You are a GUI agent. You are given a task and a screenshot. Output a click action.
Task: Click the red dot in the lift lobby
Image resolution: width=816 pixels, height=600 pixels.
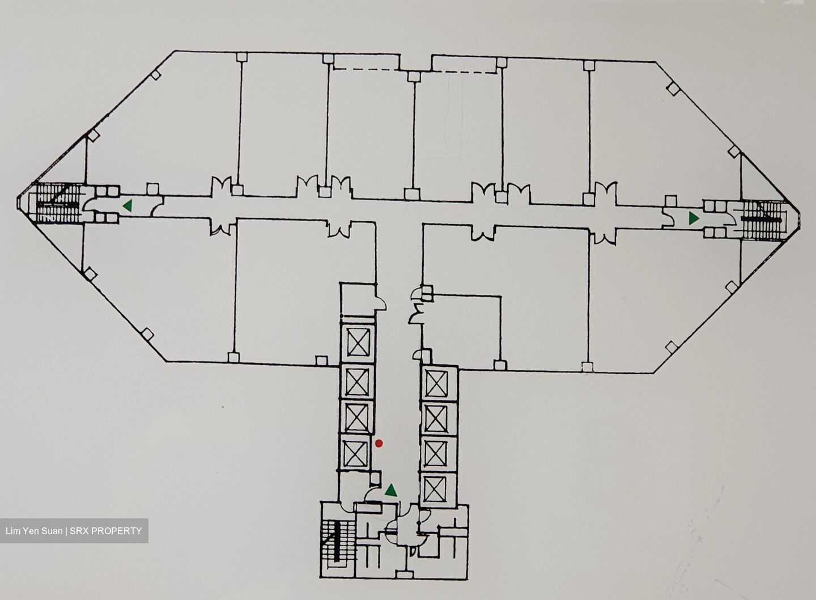tap(379, 443)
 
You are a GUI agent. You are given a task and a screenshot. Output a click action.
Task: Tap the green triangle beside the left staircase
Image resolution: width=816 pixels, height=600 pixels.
tap(127, 206)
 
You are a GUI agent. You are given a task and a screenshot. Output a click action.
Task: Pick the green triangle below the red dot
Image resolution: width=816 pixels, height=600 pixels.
tap(391, 491)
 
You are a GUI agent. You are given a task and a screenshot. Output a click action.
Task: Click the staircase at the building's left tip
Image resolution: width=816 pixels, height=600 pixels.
tap(59, 202)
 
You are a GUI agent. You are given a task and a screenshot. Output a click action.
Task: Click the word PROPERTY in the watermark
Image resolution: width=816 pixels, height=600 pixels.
tap(116, 531)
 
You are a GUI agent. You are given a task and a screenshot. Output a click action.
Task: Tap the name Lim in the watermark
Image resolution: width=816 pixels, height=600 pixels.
tap(13, 531)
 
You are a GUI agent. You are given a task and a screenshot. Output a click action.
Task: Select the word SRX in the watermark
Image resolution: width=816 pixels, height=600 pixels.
tap(79, 531)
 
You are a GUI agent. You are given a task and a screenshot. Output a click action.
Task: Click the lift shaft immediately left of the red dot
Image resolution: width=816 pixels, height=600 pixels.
tap(356, 453)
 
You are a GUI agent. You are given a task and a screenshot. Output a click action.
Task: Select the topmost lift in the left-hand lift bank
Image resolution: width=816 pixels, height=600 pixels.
tap(358, 342)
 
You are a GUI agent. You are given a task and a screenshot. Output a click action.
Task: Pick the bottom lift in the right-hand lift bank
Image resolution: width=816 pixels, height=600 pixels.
tap(436, 489)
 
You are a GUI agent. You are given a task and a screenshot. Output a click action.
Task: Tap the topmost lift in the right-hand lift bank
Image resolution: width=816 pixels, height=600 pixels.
tap(437, 383)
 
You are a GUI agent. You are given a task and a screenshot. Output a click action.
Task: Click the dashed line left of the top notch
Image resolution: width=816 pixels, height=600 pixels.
tap(367, 69)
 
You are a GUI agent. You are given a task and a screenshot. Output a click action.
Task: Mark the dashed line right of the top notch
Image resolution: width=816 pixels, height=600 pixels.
tap(464, 72)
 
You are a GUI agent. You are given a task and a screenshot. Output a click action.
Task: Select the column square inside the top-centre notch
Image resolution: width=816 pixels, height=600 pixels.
tap(414, 77)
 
